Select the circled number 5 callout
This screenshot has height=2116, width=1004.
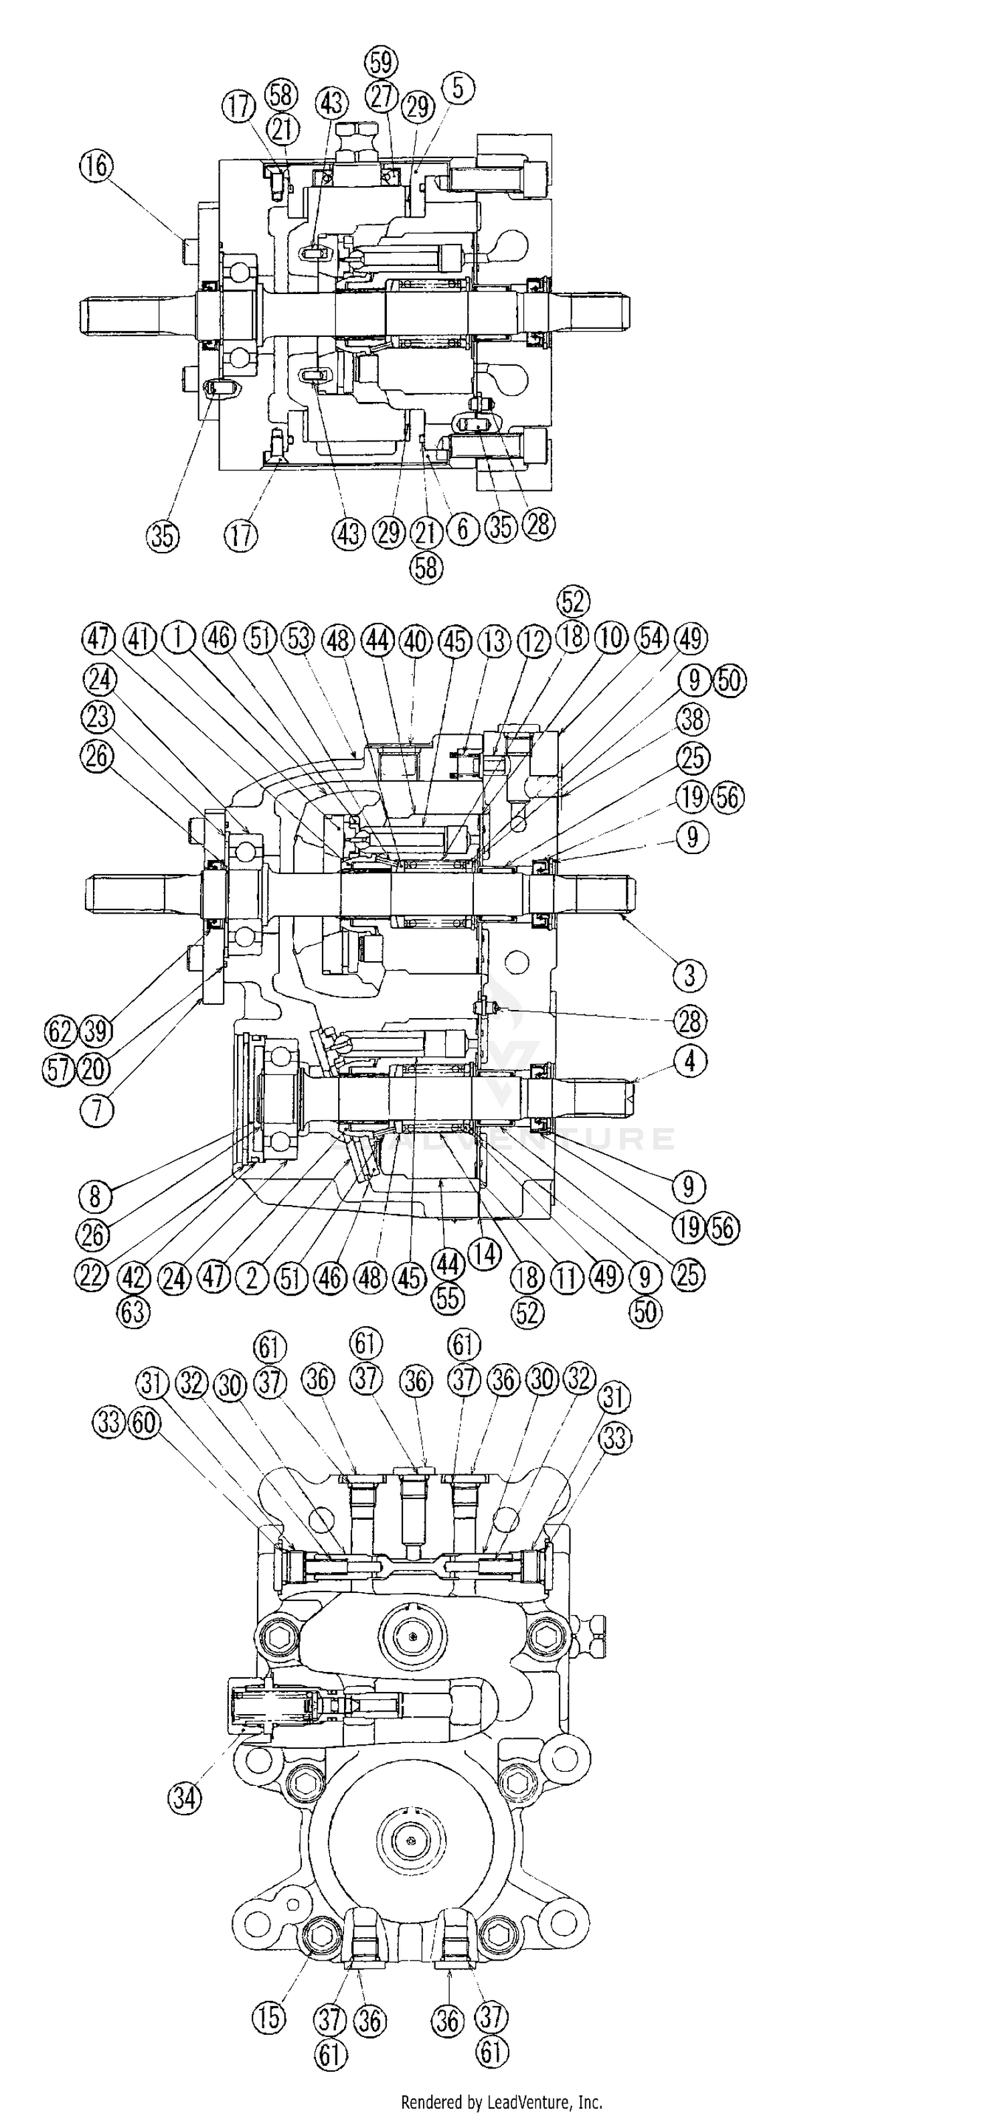pos(457,88)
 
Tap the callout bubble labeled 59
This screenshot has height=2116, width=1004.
pos(380,62)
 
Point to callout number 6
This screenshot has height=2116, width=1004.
pos(463,530)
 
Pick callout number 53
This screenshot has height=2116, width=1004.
pos(297,638)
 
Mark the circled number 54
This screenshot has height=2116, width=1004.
pos(653,638)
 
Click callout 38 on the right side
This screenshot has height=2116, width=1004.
pos(692,719)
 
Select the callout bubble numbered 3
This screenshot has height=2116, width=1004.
pos(689,976)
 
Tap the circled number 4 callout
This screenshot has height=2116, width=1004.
pos(690,1061)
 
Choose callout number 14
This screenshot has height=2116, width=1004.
pos(485,1255)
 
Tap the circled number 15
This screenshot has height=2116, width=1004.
pos(269,2018)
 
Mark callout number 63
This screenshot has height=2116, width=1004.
pos(133,1311)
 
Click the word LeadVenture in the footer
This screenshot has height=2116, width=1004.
pos(529,2102)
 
